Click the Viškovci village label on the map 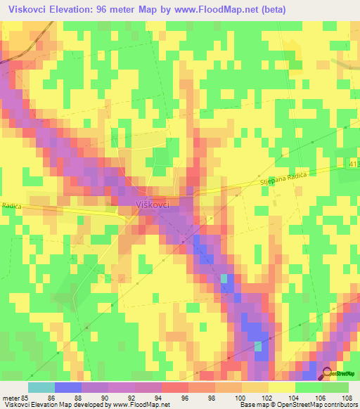[x=150, y=203]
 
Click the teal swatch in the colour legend [x=41, y=387]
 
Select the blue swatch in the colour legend [x=67, y=387]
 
